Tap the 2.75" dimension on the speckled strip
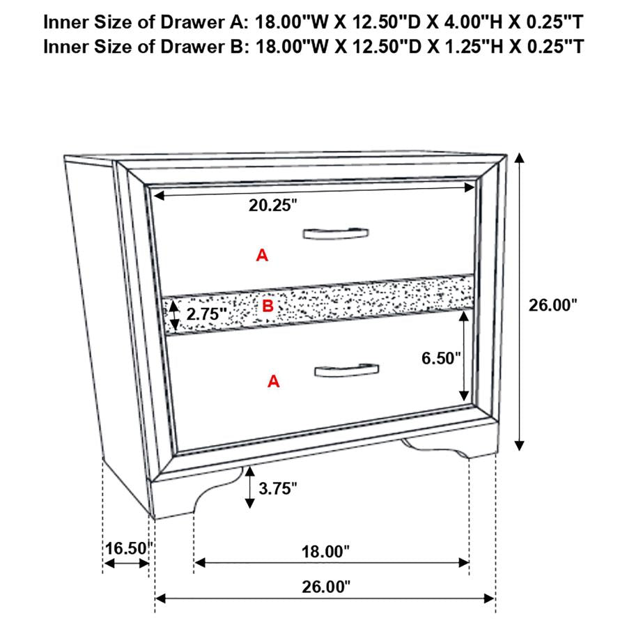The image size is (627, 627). pos(201,314)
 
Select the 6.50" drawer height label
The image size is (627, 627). pos(442,358)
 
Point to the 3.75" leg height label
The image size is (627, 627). pos(278,488)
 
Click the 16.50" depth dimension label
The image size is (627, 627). pos(127,548)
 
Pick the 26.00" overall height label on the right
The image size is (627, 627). pos(553,304)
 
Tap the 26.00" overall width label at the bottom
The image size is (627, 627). pos(325,587)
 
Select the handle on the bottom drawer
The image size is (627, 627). pos(346,371)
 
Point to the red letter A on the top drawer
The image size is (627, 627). pos(262,256)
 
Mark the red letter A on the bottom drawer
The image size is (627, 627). pos(274,381)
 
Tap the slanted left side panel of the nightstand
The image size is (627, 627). pos(104,313)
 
